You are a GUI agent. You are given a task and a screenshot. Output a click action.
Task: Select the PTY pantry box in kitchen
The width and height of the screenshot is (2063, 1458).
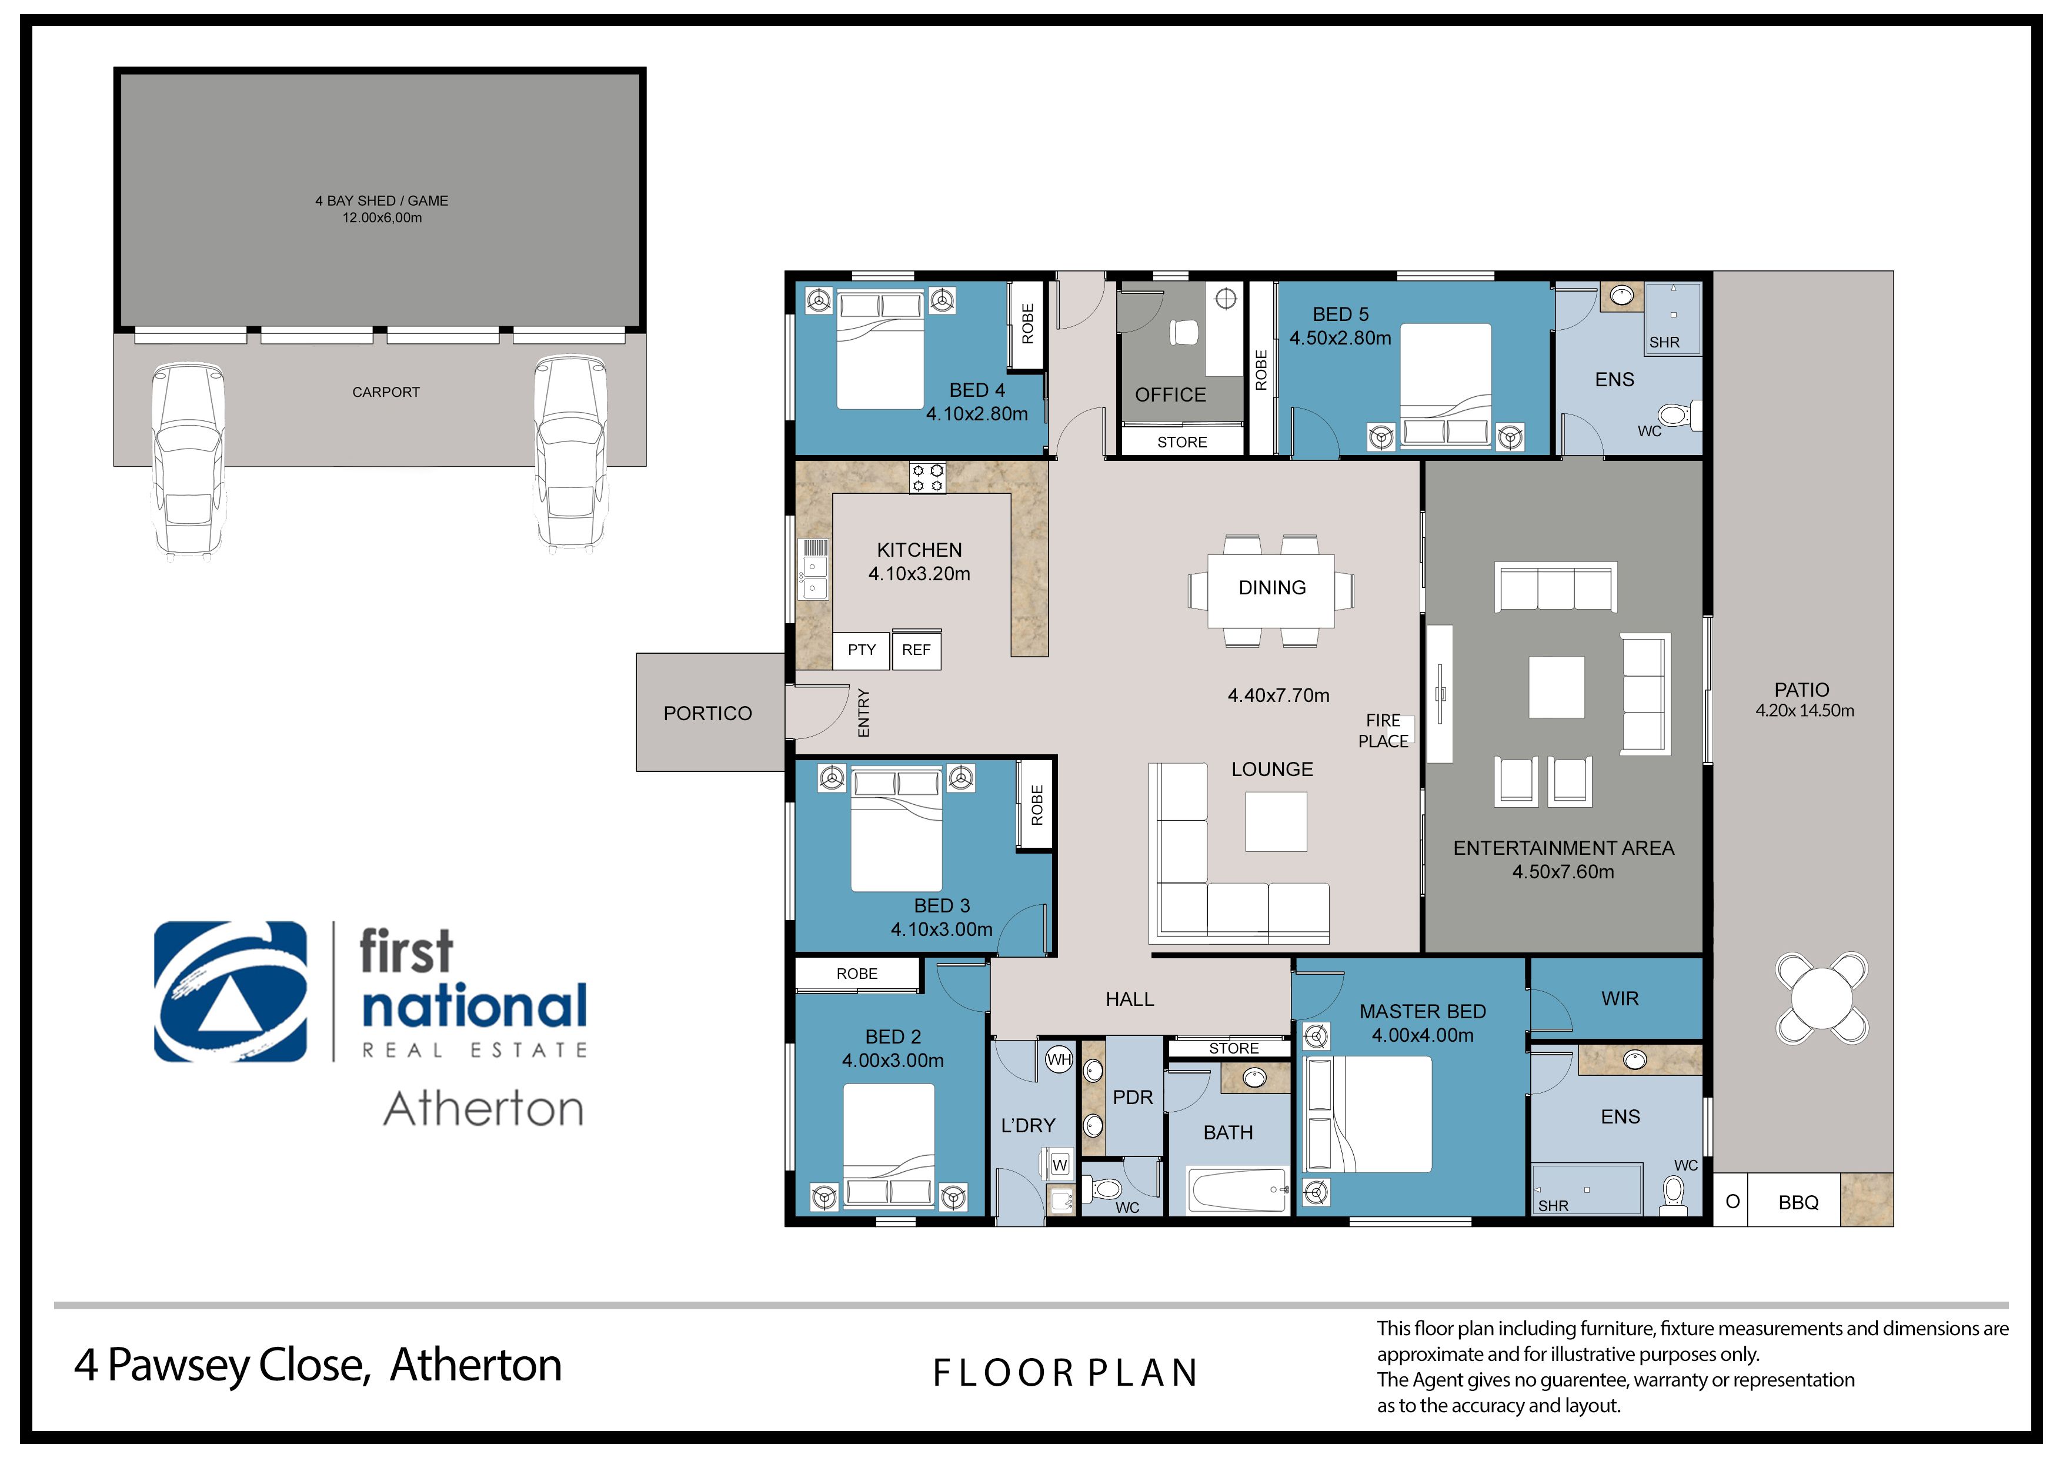click(x=861, y=650)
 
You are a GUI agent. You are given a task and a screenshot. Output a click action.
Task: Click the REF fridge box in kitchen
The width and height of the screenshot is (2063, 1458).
click(x=916, y=650)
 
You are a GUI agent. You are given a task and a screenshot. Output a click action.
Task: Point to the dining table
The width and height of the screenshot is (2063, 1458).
click(x=1270, y=589)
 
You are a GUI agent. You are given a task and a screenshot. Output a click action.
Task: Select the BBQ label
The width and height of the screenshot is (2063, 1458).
click(x=1798, y=1203)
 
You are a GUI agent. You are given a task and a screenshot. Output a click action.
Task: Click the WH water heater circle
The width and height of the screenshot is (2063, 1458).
click(x=1059, y=1060)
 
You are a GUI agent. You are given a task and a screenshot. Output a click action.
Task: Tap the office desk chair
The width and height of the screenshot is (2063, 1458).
click(x=1184, y=332)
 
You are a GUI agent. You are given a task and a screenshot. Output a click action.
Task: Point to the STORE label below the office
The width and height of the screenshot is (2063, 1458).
click(x=1181, y=442)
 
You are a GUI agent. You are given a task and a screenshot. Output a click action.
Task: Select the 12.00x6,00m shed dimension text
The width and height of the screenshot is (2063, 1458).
click(x=382, y=218)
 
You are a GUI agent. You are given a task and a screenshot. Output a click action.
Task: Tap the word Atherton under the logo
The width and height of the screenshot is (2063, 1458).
click(x=483, y=1109)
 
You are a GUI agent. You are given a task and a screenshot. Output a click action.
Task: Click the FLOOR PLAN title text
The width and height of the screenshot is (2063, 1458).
click(x=1066, y=1373)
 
